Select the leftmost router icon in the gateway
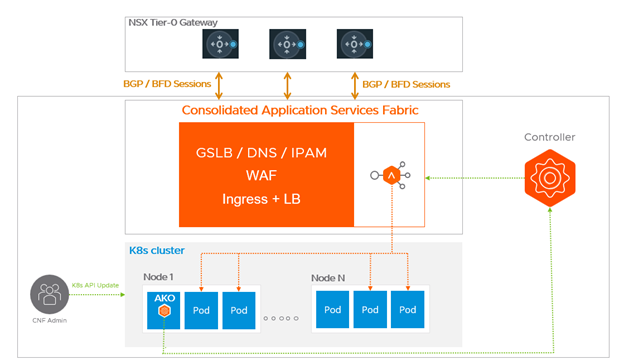(219, 46)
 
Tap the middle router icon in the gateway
(286, 46)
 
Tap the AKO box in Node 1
(162, 310)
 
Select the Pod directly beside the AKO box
(202, 310)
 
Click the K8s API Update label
(96, 286)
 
